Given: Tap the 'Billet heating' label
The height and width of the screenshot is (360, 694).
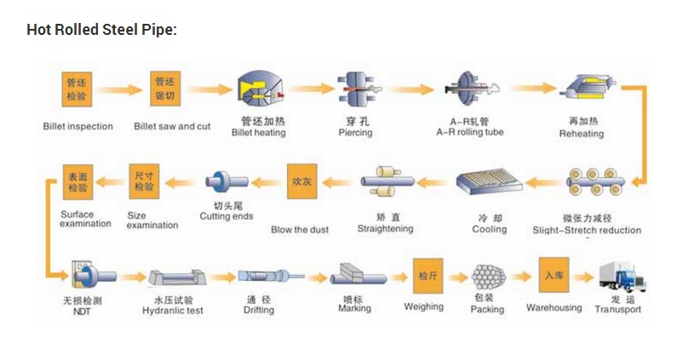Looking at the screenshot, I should (x=258, y=133).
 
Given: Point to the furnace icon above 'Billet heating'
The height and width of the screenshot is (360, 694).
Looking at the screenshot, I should (x=259, y=89).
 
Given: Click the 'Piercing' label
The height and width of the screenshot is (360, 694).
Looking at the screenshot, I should (x=355, y=133).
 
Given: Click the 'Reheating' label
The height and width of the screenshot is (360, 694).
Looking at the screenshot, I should (x=582, y=134).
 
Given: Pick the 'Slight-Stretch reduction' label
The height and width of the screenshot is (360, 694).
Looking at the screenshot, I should (x=587, y=230).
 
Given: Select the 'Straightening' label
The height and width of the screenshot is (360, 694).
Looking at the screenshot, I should (x=385, y=228).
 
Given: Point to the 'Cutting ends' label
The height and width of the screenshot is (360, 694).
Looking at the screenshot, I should (x=227, y=216).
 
